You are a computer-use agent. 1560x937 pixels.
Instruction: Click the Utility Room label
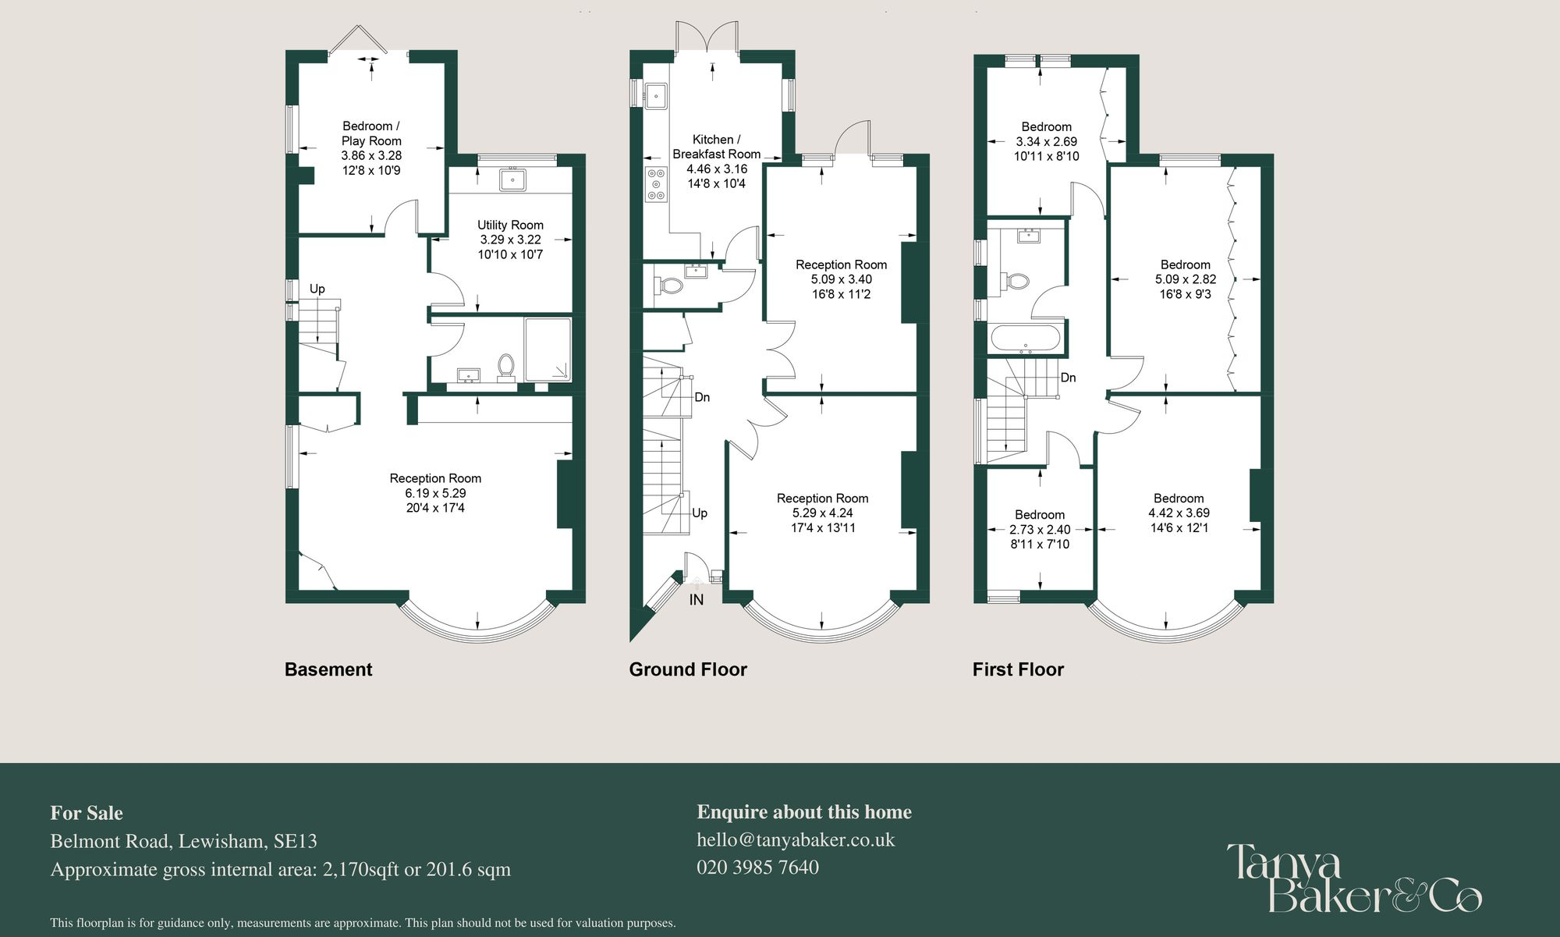tap(510, 225)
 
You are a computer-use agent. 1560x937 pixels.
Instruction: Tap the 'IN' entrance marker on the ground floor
tap(696, 599)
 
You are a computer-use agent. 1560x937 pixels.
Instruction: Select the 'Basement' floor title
tap(328, 669)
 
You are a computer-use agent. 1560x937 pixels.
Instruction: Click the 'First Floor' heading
tap(1018, 669)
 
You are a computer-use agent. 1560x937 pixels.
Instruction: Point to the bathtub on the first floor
tap(1025, 339)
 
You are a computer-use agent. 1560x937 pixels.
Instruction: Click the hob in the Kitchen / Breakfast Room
tap(656, 184)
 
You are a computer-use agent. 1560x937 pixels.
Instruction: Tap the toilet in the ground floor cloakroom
tap(670, 286)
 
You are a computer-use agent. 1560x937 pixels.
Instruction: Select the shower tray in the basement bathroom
tap(548, 349)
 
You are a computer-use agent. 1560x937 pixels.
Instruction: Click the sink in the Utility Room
tap(512, 179)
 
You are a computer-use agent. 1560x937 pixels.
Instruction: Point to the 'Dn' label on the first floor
tap(1068, 378)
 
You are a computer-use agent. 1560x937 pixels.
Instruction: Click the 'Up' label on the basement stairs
tap(317, 289)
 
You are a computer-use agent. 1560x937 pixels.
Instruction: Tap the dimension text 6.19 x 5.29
tap(435, 493)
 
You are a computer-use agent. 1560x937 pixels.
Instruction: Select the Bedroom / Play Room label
tap(371, 133)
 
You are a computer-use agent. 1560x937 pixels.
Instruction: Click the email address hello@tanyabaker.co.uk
tap(796, 839)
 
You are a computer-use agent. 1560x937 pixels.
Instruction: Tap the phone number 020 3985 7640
tap(757, 867)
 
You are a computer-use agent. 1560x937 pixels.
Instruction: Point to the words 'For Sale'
tap(87, 813)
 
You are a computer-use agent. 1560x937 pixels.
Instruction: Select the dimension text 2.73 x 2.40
tap(1040, 530)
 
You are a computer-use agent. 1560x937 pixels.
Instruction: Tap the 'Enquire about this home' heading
tap(804, 812)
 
